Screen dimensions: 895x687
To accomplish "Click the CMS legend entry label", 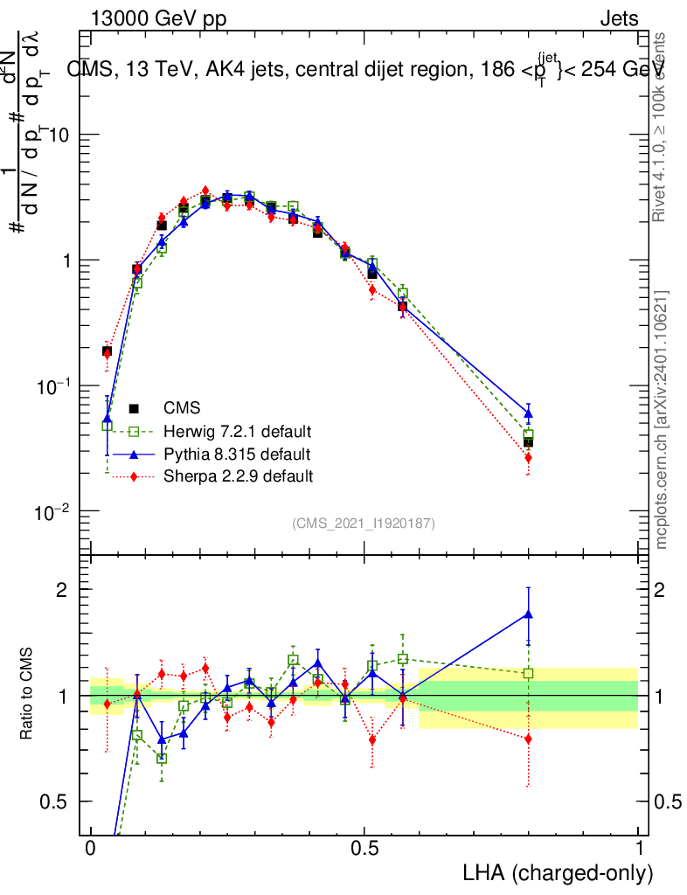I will pos(183,408).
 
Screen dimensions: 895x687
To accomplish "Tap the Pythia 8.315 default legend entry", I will pos(235,454).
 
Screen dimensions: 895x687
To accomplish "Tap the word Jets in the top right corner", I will pos(618,19).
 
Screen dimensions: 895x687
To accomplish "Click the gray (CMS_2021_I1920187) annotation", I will pos(364,524).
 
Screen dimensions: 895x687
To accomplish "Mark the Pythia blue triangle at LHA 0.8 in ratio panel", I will pos(528,614).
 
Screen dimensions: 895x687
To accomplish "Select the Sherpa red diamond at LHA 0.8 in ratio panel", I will pos(528,739).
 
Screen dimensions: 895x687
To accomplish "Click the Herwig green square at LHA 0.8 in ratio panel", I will pos(528,673).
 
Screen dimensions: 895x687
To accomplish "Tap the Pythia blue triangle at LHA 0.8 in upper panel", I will pos(528,413).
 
